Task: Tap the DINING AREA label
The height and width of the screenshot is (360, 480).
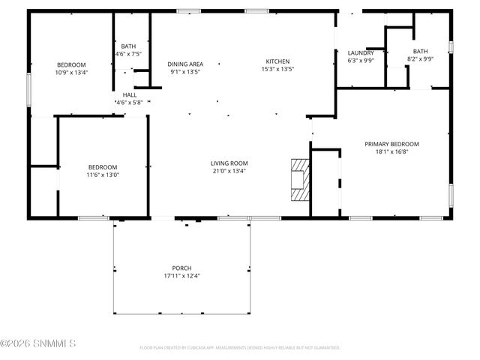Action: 185,64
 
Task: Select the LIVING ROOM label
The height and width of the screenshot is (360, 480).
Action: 229,163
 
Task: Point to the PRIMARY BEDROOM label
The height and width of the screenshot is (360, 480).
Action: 391,144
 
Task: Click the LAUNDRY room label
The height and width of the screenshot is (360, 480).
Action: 361,52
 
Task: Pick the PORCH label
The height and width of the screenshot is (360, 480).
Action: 181,268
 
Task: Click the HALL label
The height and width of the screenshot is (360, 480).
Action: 130,95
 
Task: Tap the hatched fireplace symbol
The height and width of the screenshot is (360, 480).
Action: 299,180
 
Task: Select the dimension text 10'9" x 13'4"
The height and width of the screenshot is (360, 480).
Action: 71,73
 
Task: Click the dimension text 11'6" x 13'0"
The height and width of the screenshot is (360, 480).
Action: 103,175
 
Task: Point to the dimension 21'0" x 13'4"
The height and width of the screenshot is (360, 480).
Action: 229,171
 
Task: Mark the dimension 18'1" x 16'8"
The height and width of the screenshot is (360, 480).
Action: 391,151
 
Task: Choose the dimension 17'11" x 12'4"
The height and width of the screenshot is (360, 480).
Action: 181,275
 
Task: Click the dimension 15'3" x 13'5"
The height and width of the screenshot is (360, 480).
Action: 277,69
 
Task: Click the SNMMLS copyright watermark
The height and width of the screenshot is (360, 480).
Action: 38,344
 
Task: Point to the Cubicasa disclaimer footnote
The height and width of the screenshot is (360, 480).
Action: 240,347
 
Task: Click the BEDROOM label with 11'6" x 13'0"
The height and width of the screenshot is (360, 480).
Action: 103,167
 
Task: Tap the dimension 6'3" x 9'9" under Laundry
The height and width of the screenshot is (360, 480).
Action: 361,61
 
